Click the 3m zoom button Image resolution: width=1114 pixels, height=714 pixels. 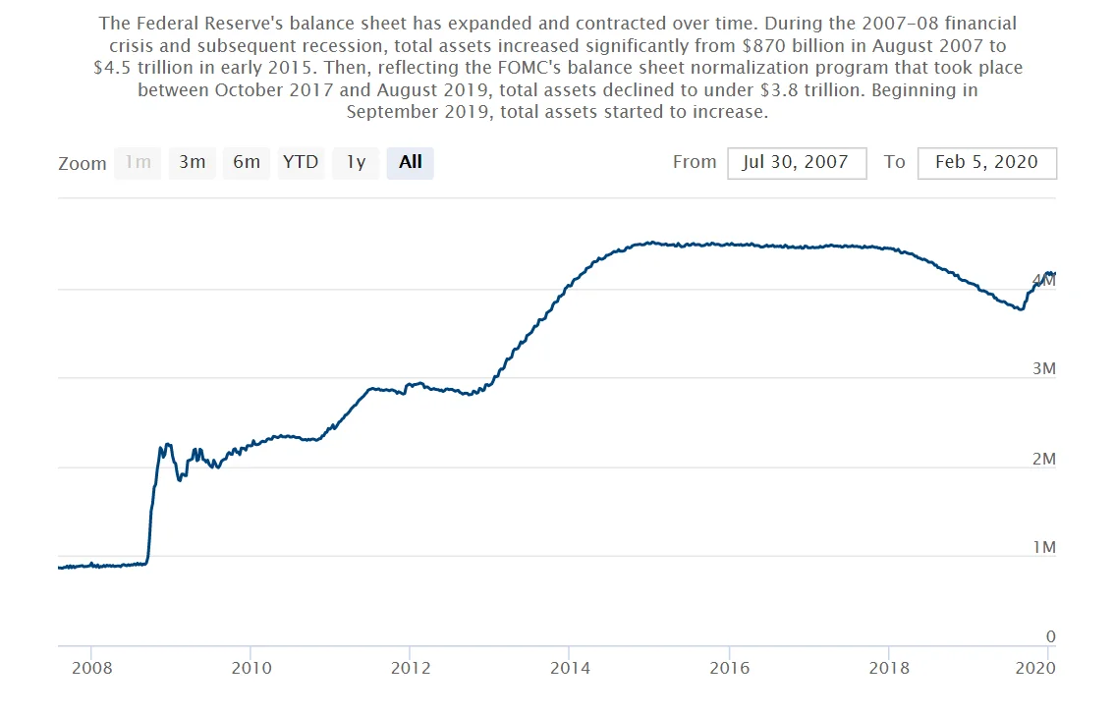[x=192, y=163]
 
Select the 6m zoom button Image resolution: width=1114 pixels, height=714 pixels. [x=247, y=163]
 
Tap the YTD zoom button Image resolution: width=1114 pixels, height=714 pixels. [x=301, y=163]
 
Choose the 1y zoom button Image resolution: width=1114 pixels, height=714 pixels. [x=356, y=163]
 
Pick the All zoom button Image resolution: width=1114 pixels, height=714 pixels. [x=410, y=163]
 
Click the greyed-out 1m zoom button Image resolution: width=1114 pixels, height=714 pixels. [x=138, y=163]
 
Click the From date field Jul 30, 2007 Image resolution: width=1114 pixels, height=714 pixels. [x=797, y=163]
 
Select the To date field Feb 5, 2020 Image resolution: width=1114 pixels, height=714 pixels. [x=987, y=163]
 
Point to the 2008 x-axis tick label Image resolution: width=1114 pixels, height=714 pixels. [x=91, y=668]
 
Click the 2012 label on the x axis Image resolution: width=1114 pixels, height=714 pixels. [x=411, y=668]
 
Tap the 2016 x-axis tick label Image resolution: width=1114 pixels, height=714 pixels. [x=730, y=668]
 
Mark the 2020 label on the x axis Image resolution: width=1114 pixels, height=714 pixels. [x=1035, y=668]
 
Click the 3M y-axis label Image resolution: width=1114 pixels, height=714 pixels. [x=1043, y=368]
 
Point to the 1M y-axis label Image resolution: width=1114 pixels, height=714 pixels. [x=1043, y=547]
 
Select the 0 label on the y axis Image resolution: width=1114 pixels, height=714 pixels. [x=1051, y=636]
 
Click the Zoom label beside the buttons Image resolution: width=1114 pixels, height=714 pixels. [x=83, y=163]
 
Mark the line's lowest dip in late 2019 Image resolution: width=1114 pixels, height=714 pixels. [x=1022, y=309]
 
